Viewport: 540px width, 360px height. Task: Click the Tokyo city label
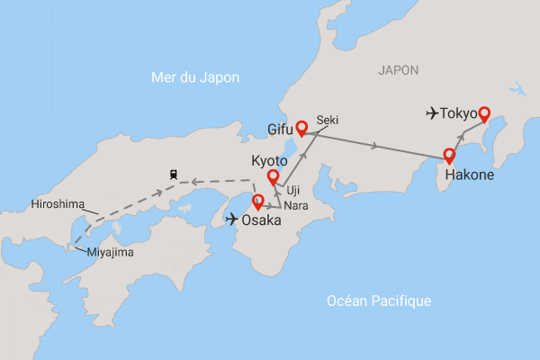(x=458, y=114)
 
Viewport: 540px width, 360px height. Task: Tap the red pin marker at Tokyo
(x=484, y=113)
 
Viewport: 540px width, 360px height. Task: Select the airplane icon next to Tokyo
(x=433, y=113)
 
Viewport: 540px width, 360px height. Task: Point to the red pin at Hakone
(x=449, y=155)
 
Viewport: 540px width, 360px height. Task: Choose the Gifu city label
(x=281, y=130)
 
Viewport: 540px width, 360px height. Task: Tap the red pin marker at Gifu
(x=301, y=128)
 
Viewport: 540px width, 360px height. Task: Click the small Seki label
(x=327, y=120)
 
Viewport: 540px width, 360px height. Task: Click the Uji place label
(x=292, y=190)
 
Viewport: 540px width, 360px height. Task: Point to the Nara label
(x=296, y=206)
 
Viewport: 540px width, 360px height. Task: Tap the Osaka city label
(x=262, y=219)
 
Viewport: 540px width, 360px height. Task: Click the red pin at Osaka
(x=258, y=202)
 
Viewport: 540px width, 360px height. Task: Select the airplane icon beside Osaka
(x=230, y=219)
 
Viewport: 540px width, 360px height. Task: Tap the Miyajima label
(x=110, y=252)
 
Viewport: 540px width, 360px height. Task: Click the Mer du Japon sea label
(x=194, y=78)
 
